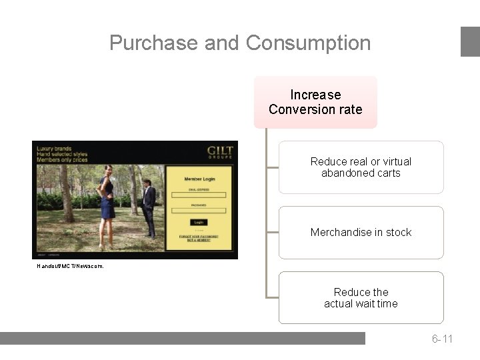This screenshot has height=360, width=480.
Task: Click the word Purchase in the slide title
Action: click(x=153, y=43)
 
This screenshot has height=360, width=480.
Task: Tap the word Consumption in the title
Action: click(x=308, y=43)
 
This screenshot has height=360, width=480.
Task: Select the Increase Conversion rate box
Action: click(x=315, y=102)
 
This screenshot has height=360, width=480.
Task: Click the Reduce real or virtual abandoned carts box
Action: click(x=361, y=167)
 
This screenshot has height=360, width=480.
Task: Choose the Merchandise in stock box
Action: click(x=361, y=233)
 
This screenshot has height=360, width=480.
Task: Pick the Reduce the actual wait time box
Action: click(x=361, y=298)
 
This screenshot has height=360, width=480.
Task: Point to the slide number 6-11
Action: click(x=442, y=339)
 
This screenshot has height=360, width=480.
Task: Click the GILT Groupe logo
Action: click(x=219, y=153)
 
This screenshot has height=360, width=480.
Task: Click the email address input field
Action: click(x=198, y=195)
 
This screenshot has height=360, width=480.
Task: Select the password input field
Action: click(x=198, y=211)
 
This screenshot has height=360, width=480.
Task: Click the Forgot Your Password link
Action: click(x=198, y=236)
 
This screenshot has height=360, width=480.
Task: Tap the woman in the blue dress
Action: click(x=107, y=200)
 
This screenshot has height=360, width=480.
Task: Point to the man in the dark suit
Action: click(x=149, y=207)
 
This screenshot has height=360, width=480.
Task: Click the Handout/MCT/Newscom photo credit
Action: click(x=70, y=266)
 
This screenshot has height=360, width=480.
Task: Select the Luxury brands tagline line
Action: click(x=54, y=149)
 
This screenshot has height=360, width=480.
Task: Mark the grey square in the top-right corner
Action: click(x=470, y=41)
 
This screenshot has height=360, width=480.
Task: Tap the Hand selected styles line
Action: click(x=62, y=154)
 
